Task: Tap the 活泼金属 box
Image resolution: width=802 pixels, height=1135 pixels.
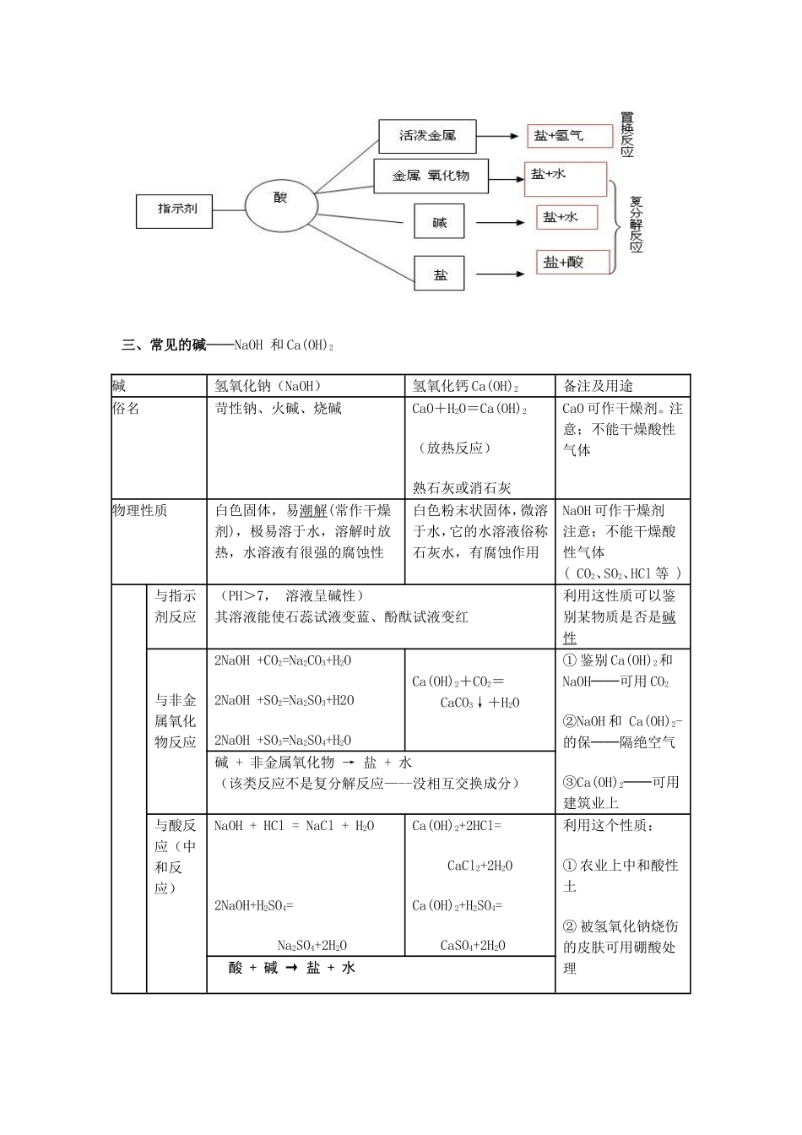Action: [427, 136]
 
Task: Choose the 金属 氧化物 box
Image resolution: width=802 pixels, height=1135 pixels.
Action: [431, 176]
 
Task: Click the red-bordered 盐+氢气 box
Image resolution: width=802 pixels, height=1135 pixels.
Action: [569, 135]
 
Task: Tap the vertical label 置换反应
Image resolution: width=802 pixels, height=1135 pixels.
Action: [626, 134]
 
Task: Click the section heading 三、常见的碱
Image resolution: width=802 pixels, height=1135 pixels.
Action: [165, 345]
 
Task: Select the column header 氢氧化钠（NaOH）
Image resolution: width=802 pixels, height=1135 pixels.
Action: [268, 386]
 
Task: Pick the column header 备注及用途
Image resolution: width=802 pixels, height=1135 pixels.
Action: [598, 386]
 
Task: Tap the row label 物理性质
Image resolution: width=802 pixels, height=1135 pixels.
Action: [140, 510]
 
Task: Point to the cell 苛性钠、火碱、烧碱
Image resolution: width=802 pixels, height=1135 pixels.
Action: [279, 409]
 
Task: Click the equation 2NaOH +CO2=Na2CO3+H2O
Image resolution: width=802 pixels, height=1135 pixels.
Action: [283, 660]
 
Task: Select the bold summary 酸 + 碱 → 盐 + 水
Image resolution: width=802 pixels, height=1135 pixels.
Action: [292, 968]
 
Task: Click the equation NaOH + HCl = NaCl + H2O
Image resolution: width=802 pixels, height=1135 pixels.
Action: [295, 826]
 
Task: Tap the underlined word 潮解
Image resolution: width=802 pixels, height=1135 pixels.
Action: [313, 511]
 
